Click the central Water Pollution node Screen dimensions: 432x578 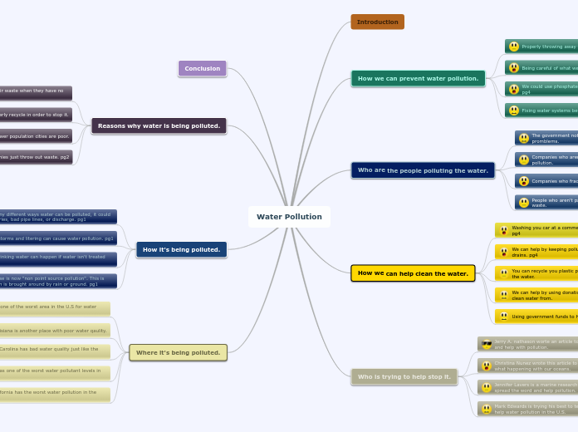[289, 217]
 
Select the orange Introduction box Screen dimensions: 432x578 [377, 22]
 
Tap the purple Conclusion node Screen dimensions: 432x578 [202, 68]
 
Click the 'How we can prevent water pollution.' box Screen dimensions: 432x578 [418, 79]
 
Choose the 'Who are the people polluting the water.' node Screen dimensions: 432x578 [423, 170]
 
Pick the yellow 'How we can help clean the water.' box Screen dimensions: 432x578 [413, 273]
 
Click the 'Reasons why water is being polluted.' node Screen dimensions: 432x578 [159, 126]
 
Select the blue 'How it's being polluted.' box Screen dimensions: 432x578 [181, 249]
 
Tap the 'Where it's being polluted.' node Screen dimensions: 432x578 [178, 352]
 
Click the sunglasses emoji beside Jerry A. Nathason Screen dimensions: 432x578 [487, 344]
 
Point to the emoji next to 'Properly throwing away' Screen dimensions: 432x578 [514, 47]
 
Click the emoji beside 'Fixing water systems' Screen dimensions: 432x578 [514, 110]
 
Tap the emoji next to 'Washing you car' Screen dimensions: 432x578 [504, 230]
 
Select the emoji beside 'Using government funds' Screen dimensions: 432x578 [504, 317]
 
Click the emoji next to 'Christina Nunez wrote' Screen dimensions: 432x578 [487, 366]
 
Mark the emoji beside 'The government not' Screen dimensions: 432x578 [524, 138]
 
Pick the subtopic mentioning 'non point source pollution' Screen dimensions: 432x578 [58, 281]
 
